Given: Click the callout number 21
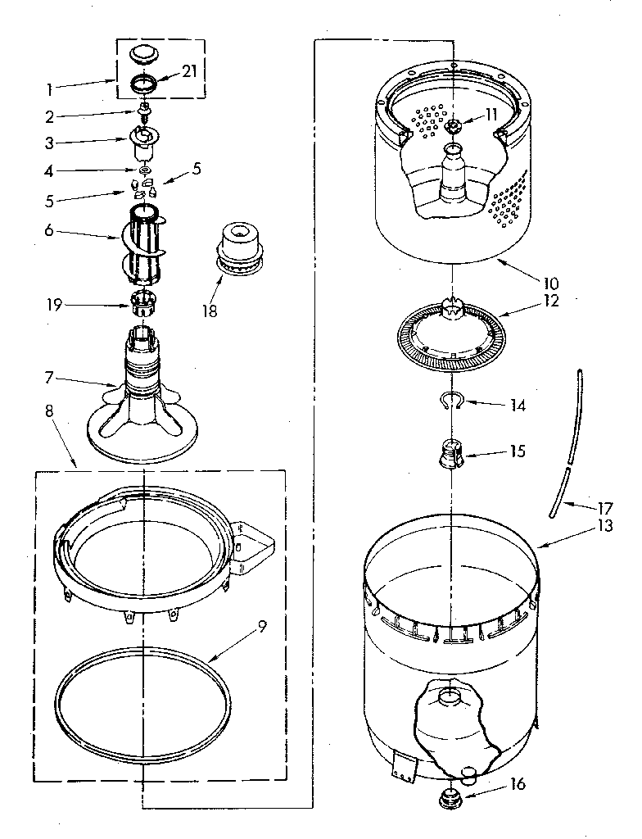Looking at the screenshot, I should (x=189, y=72).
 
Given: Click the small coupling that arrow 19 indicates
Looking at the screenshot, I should (x=143, y=302).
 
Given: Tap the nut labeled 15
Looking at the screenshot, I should (x=451, y=454).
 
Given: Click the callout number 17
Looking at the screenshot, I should (x=603, y=506).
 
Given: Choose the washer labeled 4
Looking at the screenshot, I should (x=144, y=170).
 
